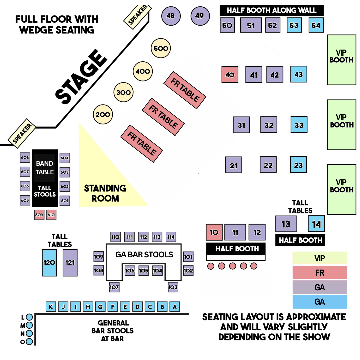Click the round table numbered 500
[161, 49]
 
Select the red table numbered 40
[230, 75]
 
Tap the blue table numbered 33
[299, 125]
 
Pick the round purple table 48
[171, 16]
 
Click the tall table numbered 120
[49, 263]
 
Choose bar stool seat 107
[114, 287]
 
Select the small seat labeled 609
[39, 215]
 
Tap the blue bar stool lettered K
[51, 307]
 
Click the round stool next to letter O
[29, 342]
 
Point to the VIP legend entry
[319, 258]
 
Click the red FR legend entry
[319, 273]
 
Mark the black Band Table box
[45, 168]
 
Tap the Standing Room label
[105, 193]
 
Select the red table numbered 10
[214, 232]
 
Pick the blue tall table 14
[316, 224]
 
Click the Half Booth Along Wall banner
[272, 10]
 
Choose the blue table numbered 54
[316, 25]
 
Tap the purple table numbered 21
[234, 165]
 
